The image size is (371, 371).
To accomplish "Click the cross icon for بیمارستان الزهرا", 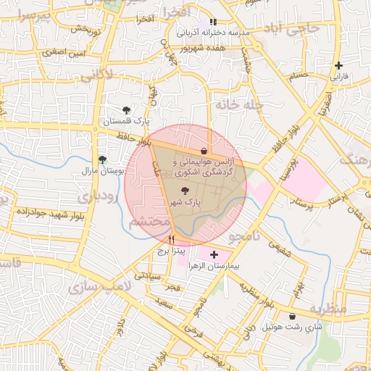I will tap(213, 254).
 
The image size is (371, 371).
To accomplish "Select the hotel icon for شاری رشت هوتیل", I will tap(292, 316).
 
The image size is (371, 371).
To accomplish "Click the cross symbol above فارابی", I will tap(338, 65).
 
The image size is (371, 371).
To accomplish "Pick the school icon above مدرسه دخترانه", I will tap(212, 22).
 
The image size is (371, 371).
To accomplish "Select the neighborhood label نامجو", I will tap(243, 237).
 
